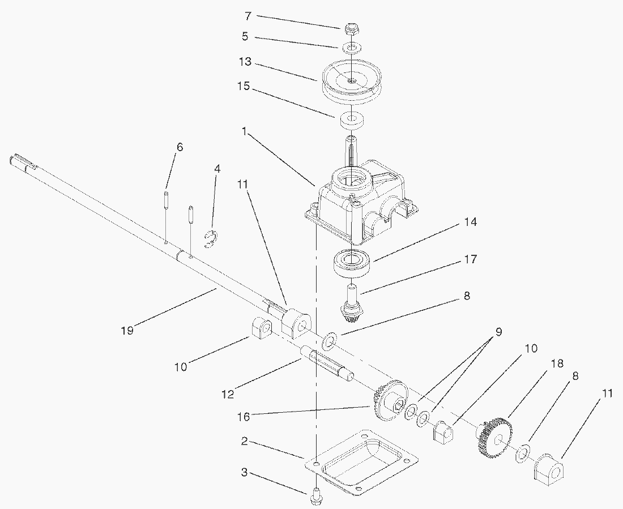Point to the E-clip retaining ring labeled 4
pyautogui.click(x=210, y=239)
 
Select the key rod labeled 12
pyautogui.click(x=326, y=362)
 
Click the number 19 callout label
pyautogui.click(x=127, y=330)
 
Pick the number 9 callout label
pyautogui.click(x=498, y=332)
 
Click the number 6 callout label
pyautogui.click(x=180, y=147)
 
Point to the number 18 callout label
pyautogui.click(x=557, y=363)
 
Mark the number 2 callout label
pyautogui.click(x=244, y=441)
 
